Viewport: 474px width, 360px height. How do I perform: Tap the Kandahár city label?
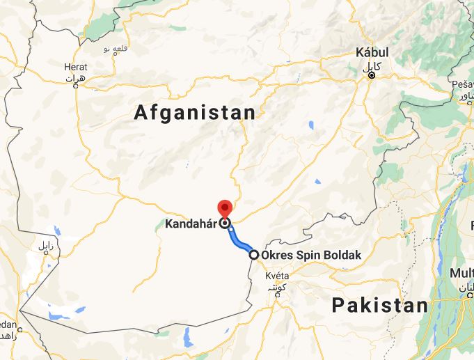(191, 224)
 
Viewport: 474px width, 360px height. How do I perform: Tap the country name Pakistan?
(379, 305)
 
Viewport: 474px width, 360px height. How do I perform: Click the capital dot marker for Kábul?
(372, 75)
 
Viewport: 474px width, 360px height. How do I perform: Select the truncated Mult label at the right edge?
(464, 273)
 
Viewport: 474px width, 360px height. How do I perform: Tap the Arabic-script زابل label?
(45, 246)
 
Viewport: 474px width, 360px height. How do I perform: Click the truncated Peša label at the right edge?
(462, 84)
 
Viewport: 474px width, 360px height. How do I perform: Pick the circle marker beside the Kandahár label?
(225, 224)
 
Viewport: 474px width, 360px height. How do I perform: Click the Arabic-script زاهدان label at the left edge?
(6, 336)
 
